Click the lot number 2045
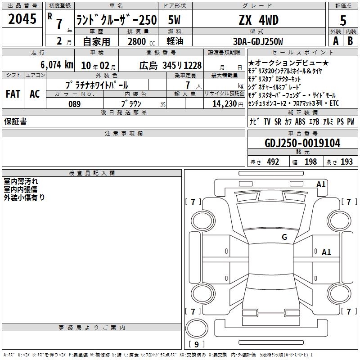(x=22, y=19)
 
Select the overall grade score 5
(x=343, y=20)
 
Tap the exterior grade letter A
(x=336, y=41)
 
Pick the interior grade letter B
(x=350, y=41)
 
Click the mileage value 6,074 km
(x=57, y=65)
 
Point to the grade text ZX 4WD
(x=259, y=20)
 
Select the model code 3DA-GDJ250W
(x=258, y=41)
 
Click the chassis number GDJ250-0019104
(x=302, y=143)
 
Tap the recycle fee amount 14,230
(x=224, y=103)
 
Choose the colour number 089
(x=74, y=104)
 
